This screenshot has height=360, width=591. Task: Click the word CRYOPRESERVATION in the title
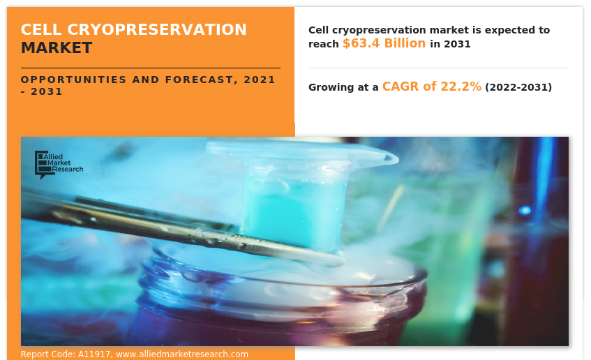coord(157,29)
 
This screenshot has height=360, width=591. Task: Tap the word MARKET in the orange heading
coord(57,48)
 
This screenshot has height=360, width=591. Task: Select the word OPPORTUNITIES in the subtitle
coord(73,80)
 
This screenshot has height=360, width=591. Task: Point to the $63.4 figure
coord(361,43)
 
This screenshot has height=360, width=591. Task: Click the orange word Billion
coord(405,43)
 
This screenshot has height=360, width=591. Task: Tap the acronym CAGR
coord(401,87)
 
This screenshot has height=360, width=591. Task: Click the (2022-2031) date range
coord(518,87)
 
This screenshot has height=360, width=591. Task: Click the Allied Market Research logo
coord(59,165)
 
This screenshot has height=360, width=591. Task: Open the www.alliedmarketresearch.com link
coord(182,354)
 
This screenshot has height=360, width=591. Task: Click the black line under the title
coord(151,68)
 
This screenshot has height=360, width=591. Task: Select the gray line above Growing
coord(438,68)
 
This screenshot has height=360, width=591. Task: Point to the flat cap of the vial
coord(301,151)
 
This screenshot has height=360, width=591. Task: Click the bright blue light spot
coord(525,210)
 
